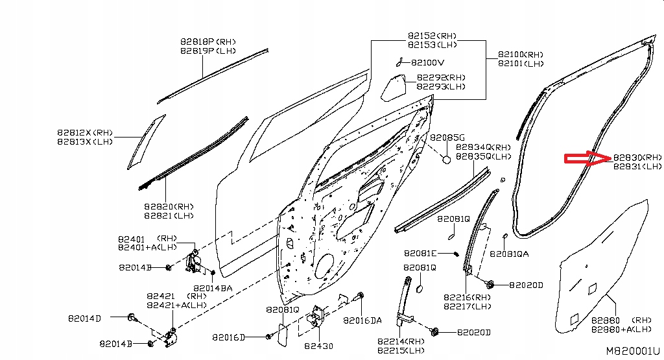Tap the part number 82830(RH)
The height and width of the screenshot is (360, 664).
(637, 158)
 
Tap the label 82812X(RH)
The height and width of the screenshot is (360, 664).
(85, 132)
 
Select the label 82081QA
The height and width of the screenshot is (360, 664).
(509, 254)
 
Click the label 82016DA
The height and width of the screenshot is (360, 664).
(362, 320)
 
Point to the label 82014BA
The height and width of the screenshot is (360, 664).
(213, 287)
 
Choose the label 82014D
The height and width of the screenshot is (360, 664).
(84, 318)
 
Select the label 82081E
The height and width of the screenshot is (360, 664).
(420, 253)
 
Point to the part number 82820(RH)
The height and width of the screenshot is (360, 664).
(169, 206)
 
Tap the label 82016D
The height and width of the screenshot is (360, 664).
(228, 337)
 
